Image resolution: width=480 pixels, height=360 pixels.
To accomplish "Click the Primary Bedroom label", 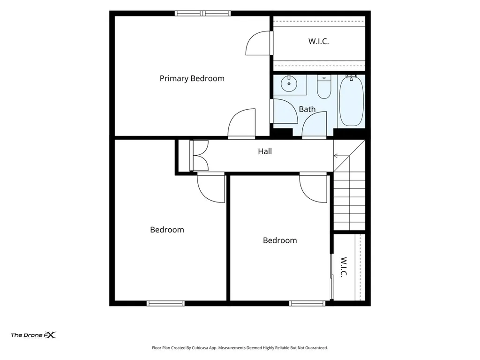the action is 192,79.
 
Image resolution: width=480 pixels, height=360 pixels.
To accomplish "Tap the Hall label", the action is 265,151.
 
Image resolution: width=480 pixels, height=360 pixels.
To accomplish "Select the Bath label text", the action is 307,109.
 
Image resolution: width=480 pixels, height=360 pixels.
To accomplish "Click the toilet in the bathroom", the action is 324,87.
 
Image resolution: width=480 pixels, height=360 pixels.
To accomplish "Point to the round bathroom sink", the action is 289,83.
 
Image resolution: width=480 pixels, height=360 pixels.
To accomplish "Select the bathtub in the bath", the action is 352,101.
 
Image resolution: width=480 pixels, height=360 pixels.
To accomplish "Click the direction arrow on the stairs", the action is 341,156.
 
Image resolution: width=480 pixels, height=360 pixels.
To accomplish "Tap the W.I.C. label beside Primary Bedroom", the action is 318,41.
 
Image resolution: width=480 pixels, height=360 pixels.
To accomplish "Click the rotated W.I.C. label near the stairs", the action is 344,267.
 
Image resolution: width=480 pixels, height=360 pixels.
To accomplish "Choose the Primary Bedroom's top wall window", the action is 202,13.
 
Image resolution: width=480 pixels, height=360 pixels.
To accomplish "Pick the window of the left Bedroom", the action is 165,303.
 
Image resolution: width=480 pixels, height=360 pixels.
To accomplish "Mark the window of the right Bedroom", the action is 307,303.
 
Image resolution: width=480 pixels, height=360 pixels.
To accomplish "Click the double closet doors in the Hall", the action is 199,156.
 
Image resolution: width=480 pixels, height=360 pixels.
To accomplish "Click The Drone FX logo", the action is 33,335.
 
